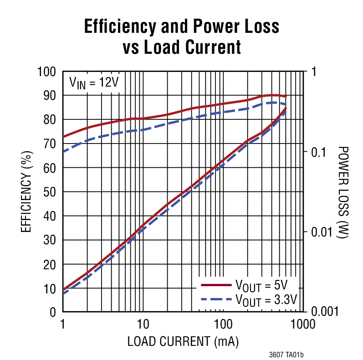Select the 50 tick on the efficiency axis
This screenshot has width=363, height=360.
pyautogui.click(x=50, y=192)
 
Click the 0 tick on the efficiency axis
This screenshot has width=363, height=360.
pyautogui.click(x=53, y=313)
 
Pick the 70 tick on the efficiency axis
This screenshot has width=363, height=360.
pyautogui.click(x=50, y=144)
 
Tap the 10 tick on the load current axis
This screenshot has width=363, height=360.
pyautogui.click(x=143, y=324)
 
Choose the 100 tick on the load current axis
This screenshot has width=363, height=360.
pyautogui.click(x=223, y=324)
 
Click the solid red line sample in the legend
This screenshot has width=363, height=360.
pyautogui.click(x=216, y=286)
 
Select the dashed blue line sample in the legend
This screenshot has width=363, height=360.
pyautogui.click(x=216, y=300)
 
